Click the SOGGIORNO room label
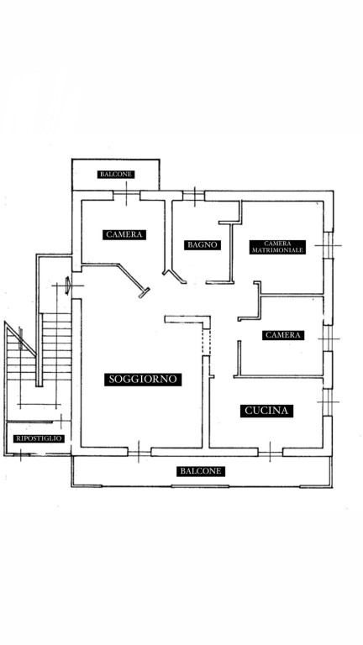click(143, 379)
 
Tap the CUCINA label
click(266, 411)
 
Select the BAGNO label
click(202, 244)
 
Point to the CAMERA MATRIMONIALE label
click(277, 247)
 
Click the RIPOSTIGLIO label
click(39, 438)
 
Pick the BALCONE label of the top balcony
click(116, 175)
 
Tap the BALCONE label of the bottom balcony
click(202, 471)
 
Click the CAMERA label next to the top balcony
click(124, 234)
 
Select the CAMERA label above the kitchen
click(283, 335)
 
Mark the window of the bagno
click(194, 196)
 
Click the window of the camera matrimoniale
click(328, 245)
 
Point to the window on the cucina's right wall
click(328, 402)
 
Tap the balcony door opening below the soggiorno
click(139, 452)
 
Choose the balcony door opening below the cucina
click(271, 452)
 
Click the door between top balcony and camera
click(126, 196)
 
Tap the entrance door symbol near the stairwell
click(68, 286)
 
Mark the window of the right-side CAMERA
click(328, 338)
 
